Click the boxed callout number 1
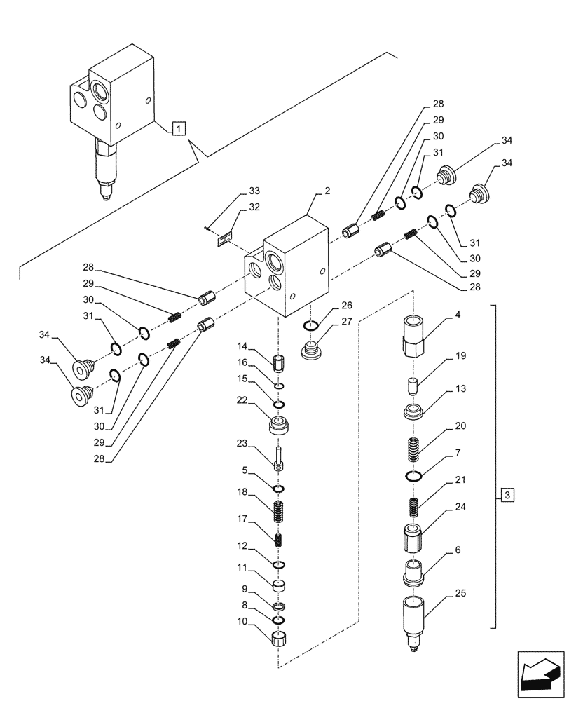click(x=179, y=128)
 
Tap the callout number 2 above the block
click(x=327, y=191)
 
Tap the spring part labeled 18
click(x=279, y=512)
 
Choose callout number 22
click(x=241, y=400)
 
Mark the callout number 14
click(x=242, y=346)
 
